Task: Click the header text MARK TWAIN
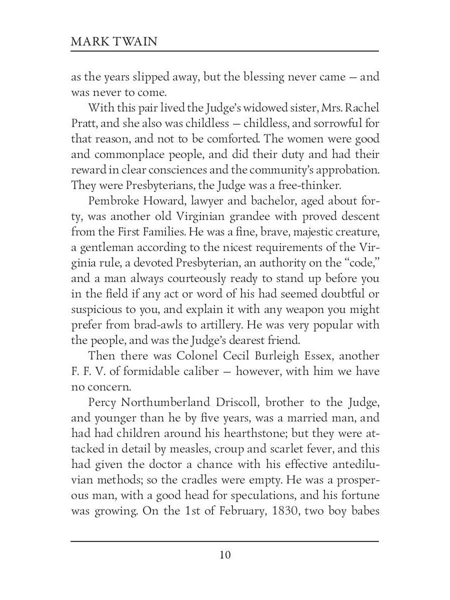(114, 41)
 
